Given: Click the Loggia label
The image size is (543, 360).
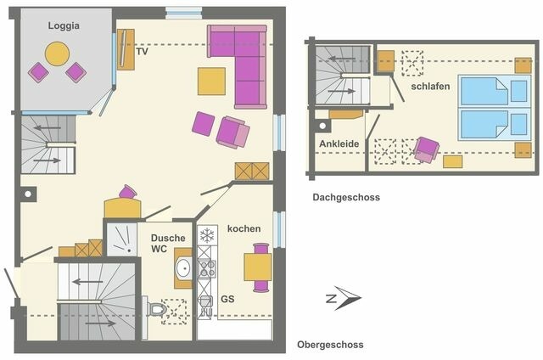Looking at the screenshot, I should [64, 25].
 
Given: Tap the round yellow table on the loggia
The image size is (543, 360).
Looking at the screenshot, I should [57, 54].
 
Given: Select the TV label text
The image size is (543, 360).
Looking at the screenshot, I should [142, 52].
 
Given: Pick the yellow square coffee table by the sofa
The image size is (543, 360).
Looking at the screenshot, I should [212, 81].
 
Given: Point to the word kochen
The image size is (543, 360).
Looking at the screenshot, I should [244, 229].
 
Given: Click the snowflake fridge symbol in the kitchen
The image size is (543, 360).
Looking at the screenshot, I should [206, 233].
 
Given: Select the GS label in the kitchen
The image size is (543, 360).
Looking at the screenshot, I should [227, 299].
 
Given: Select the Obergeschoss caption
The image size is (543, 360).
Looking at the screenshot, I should [330, 345].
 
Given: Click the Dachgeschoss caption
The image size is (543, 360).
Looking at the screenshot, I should [345, 197].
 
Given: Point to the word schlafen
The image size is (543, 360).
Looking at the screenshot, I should [429, 86].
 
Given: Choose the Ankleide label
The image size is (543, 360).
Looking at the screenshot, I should [339, 144].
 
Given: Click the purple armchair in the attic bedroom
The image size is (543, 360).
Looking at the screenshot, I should [426, 150].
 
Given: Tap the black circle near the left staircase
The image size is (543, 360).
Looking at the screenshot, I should [27, 194].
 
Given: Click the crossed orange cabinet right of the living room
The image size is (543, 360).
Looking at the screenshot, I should [252, 171].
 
